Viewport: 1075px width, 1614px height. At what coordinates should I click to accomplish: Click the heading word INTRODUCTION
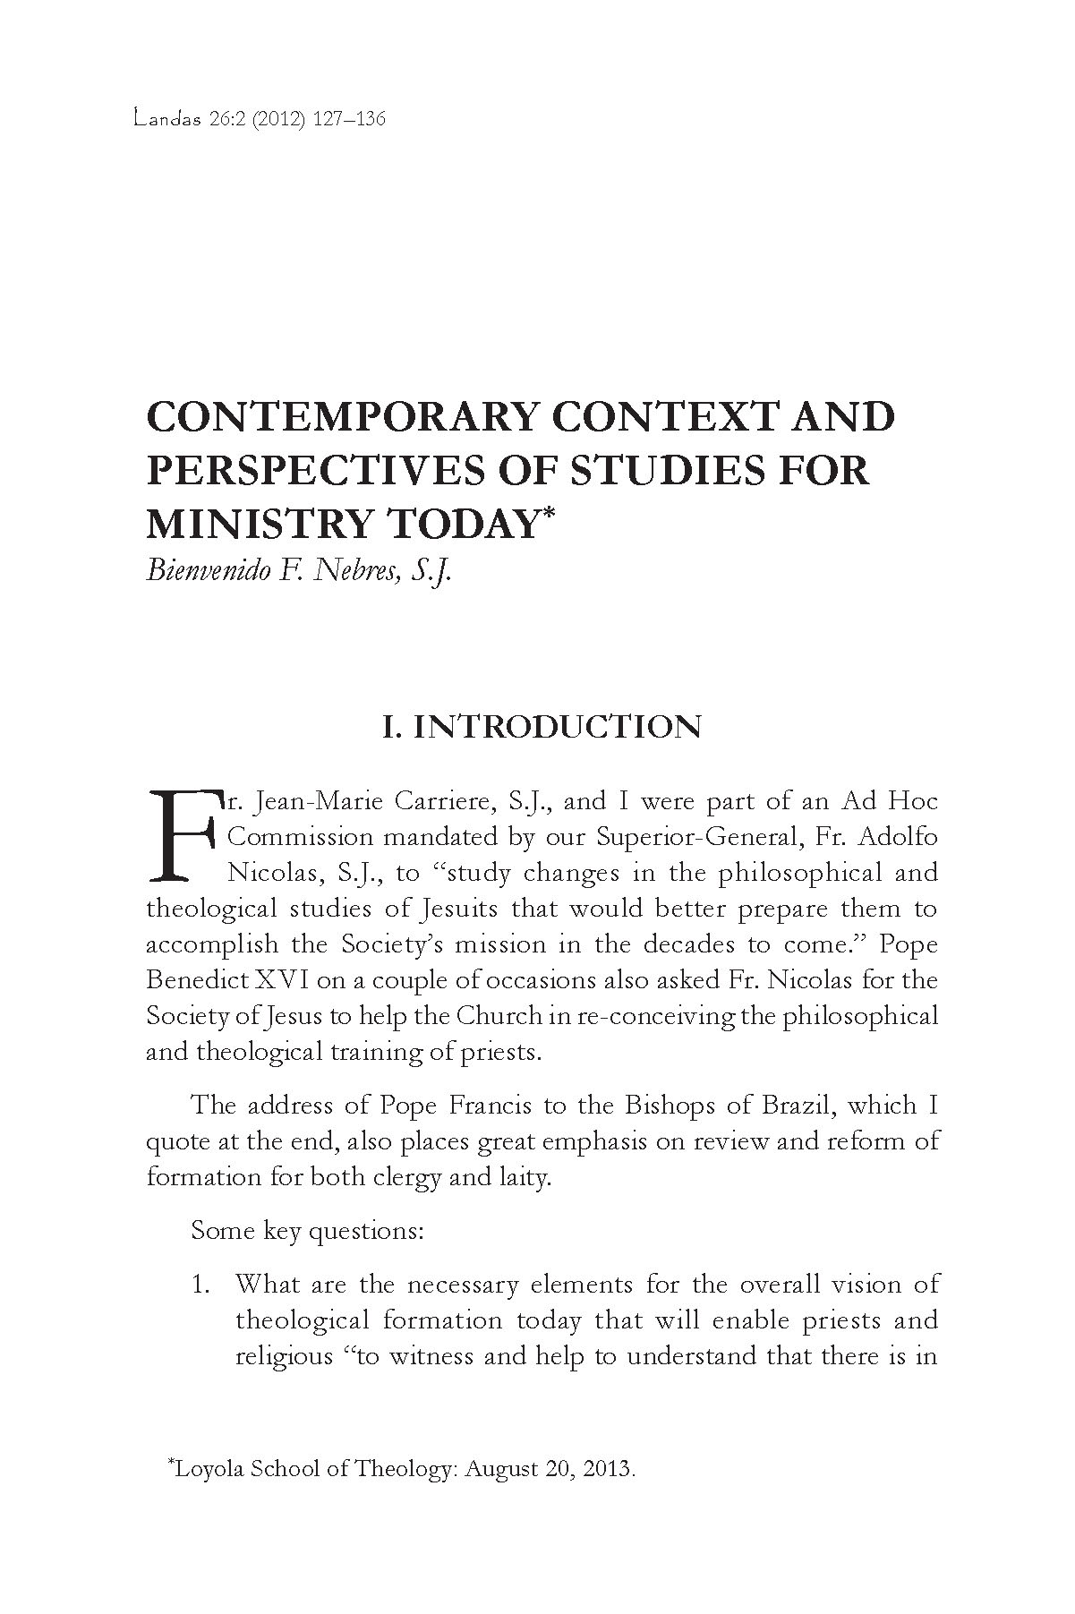pyautogui.click(x=557, y=727)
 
